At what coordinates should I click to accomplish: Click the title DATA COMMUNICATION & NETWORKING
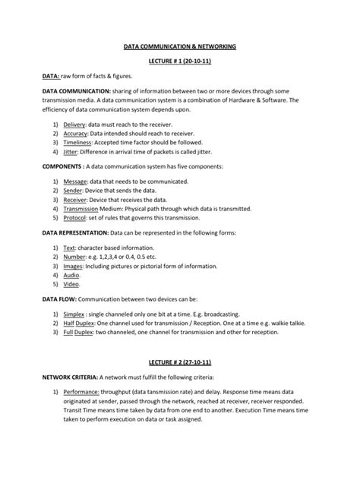tap(180, 46)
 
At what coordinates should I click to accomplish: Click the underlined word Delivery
tap(74, 123)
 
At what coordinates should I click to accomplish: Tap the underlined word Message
tap(75, 182)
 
